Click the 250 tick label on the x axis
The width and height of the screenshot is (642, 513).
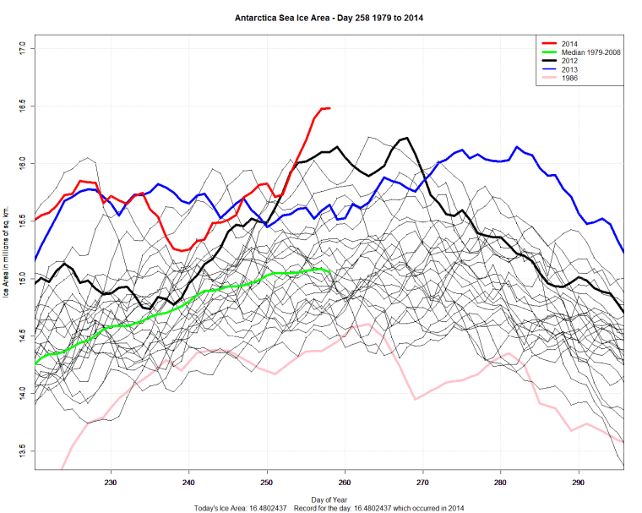pyautogui.click(x=267, y=483)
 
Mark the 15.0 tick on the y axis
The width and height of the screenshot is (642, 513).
pyautogui.click(x=23, y=278)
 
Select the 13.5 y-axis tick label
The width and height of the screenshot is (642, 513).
pyautogui.click(x=23, y=450)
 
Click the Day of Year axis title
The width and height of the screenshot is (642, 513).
pyautogui.click(x=329, y=498)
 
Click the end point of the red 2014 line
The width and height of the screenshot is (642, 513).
pyautogui.click(x=329, y=108)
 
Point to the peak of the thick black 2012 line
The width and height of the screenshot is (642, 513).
pyautogui.click(x=407, y=138)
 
